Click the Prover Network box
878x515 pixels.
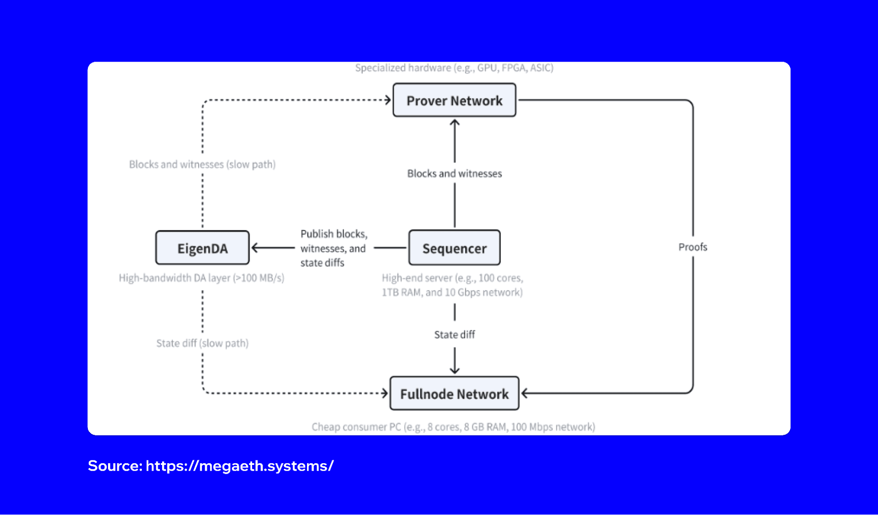[x=454, y=100]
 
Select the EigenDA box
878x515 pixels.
[x=202, y=248]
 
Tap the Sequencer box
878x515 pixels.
[x=454, y=248]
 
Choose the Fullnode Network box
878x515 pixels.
[x=454, y=394]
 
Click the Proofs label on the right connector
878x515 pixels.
[x=693, y=247]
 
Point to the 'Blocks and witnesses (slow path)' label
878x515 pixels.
[x=202, y=164]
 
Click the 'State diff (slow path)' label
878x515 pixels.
[x=202, y=343]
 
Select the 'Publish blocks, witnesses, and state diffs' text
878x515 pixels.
[x=333, y=248]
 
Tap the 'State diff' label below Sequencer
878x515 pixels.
[x=454, y=335]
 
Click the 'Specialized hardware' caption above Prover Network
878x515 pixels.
[x=454, y=68]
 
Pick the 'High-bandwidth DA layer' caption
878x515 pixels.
[x=202, y=278]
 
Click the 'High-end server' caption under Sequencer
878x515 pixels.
[x=452, y=285]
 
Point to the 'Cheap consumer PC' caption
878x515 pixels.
[x=453, y=427]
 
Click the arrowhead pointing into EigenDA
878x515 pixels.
[x=255, y=248]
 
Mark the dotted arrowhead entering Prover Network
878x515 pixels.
[x=388, y=100]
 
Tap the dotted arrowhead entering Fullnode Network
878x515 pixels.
[x=385, y=393]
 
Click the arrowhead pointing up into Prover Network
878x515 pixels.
[x=455, y=123]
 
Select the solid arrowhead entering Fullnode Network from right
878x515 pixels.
[x=524, y=393]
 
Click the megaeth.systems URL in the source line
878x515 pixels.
[x=239, y=466]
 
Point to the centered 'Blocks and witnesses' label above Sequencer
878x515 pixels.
[x=454, y=174]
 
